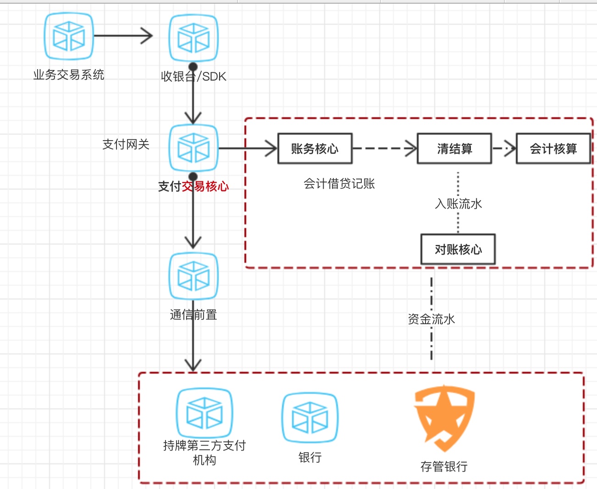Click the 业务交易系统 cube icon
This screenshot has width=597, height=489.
point(69,37)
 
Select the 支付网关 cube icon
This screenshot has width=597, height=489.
point(193,148)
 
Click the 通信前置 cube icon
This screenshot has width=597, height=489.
point(193,276)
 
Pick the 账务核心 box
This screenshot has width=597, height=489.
point(315,148)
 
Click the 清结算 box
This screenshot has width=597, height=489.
point(454,148)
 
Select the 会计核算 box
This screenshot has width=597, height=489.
point(553,148)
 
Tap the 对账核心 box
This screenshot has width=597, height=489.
point(458,250)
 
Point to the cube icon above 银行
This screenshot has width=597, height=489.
point(310,418)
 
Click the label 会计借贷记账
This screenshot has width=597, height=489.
point(339,184)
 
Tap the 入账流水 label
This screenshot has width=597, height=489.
point(458,204)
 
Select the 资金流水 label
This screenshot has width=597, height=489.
point(431,319)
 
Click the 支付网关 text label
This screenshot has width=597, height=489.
point(126,144)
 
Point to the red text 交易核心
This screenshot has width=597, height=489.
point(205,186)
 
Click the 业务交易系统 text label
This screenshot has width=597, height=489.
point(69,75)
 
